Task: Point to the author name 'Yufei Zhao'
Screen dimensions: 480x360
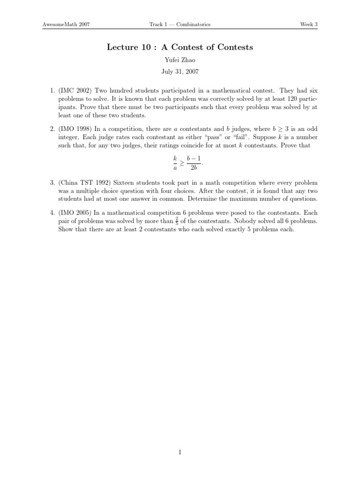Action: tap(180, 60)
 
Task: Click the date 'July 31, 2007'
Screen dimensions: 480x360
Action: tap(180, 72)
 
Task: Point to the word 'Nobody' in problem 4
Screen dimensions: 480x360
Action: tap(258, 221)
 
